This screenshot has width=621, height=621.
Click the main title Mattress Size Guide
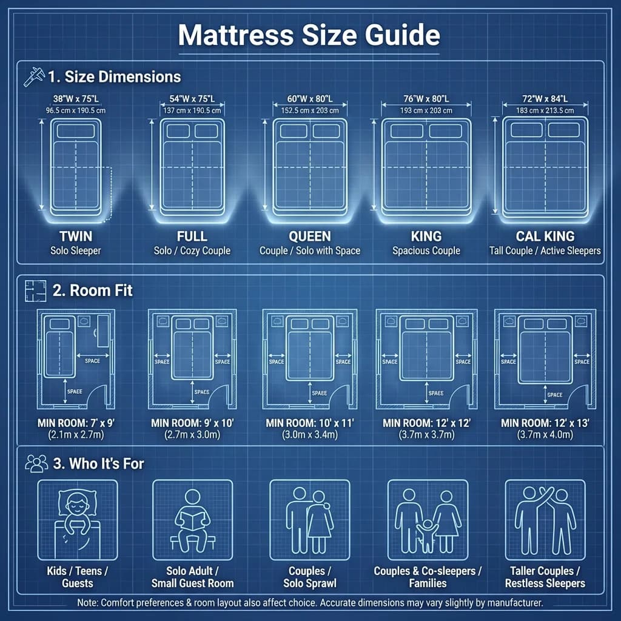point(309,35)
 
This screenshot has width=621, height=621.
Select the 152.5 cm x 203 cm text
point(309,110)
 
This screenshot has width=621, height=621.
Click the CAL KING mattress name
point(545,237)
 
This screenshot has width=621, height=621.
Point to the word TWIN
point(76,237)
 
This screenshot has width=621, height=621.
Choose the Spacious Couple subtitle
point(426,250)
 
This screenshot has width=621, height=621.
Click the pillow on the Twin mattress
point(76,131)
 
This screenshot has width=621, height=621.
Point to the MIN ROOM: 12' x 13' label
point(545,422)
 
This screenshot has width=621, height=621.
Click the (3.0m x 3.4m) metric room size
point(309,435)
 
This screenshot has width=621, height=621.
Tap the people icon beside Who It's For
point(36,464)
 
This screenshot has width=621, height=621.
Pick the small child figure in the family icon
point(427,532)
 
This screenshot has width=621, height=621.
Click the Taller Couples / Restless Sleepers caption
point(545,577)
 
